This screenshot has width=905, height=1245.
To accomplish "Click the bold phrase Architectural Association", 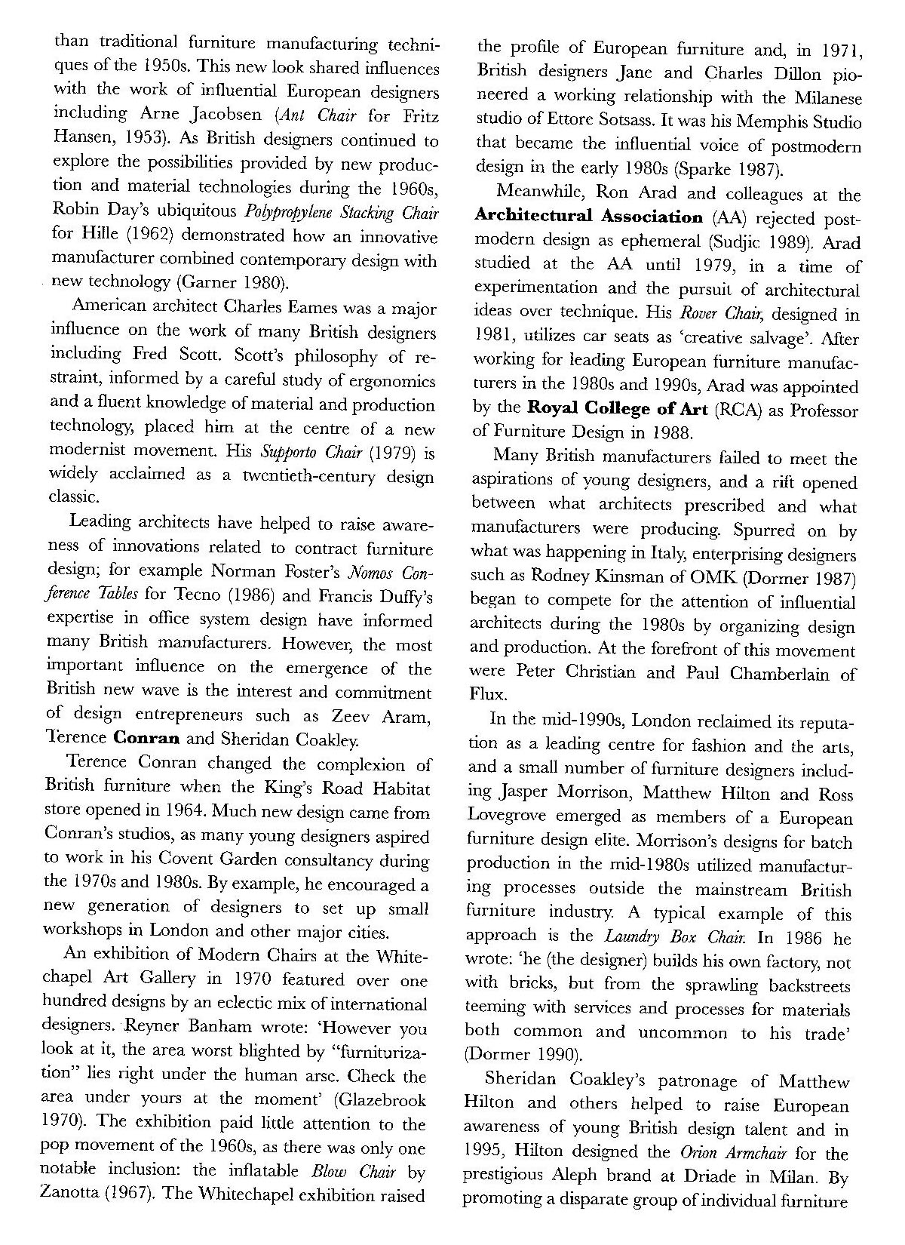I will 588,217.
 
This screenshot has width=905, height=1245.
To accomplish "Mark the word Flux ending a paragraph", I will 486,695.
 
